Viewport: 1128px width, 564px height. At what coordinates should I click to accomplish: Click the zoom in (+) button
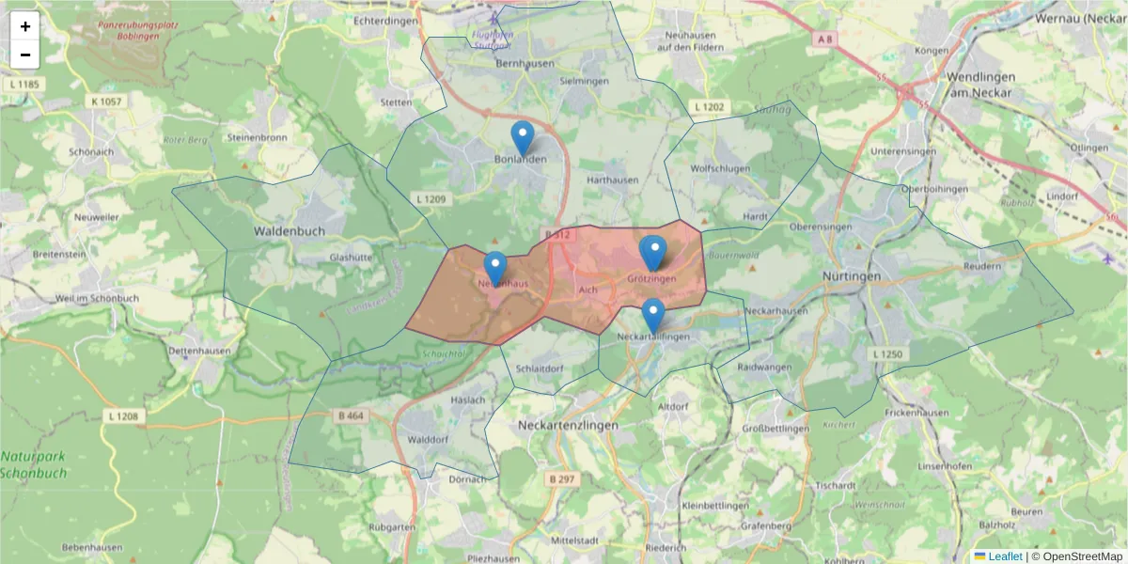click(25, 26)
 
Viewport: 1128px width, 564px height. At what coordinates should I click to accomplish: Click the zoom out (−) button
click(25, 55)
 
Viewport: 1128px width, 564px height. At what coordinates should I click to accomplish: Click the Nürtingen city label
click(852, 276)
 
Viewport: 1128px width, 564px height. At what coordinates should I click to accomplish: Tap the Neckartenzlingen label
click(569, 426)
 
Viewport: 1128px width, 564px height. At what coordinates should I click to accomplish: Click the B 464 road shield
click(350, 415)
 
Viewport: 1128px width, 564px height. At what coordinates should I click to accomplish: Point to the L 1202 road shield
click(709, 107)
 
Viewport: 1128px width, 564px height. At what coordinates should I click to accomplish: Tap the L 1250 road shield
click(886, 353)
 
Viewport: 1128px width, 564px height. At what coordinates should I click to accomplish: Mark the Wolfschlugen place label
click(720, 169)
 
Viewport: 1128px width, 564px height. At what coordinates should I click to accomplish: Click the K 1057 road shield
click(107, 101)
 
